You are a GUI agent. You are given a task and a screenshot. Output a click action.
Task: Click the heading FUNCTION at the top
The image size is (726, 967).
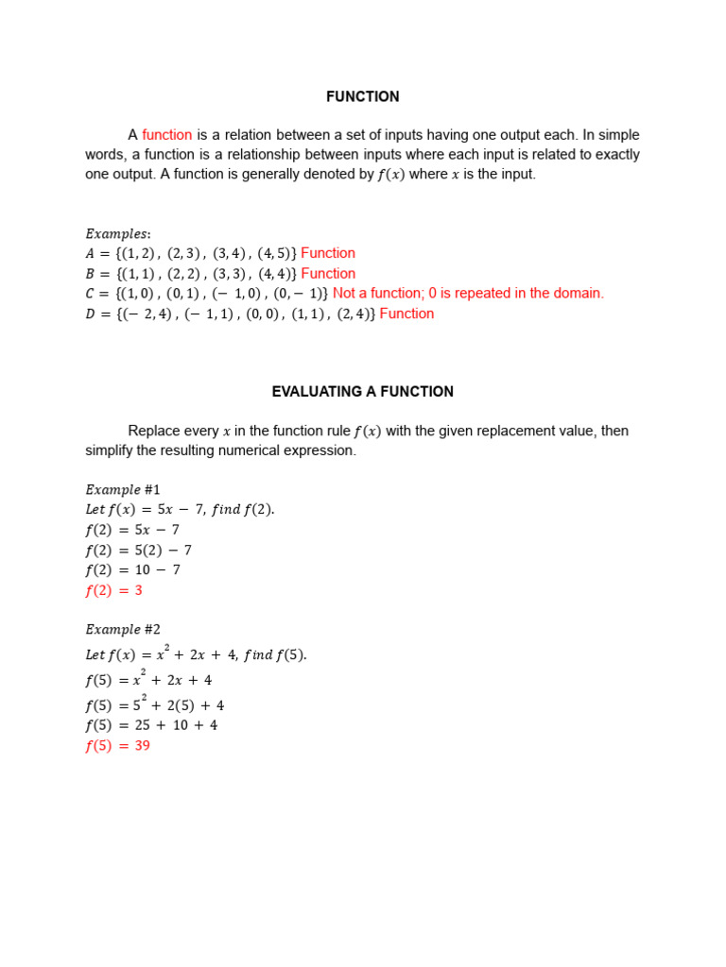[x=362, y=96]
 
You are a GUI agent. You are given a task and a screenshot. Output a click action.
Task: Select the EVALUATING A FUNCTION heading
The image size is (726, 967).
[x=362, y=391]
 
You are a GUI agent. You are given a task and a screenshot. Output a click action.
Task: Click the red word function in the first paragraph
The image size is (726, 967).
[x=167, y=135]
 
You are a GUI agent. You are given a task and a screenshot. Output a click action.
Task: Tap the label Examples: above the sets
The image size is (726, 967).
[x=118, y=233]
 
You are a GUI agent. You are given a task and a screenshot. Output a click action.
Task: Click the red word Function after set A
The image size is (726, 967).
[x=328, y=253]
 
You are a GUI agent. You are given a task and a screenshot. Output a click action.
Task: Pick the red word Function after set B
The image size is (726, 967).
[x=328, y=274]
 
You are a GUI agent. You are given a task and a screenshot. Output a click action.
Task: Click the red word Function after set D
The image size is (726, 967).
[x=406, y=314]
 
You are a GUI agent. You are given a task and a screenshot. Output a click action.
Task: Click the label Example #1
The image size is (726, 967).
[x=123, y=489]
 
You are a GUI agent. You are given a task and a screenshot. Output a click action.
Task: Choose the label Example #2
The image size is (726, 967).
[x=123, y=629]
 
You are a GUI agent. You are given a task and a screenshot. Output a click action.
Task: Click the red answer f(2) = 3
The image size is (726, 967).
[x=113, y=590]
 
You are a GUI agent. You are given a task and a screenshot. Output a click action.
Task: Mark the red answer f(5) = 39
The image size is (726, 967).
[x=117, y=745]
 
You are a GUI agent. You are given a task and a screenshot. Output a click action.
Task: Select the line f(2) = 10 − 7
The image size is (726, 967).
[x=132, y=569]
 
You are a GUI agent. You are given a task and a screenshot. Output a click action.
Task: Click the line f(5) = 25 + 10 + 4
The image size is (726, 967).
[x=151, y=725]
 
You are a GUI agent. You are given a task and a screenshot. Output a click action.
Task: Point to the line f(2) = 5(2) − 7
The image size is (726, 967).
[x=138, y=550]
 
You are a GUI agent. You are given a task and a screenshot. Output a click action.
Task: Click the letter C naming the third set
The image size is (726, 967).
[x=91, y=294]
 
